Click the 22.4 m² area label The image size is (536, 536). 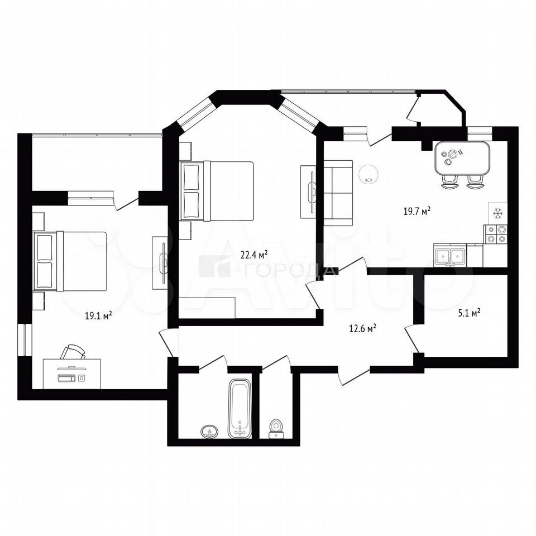coord(254,255)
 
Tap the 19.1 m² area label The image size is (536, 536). coord(98,316)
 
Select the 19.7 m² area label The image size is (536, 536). coord(417,211)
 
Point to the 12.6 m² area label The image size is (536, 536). coord(363,328)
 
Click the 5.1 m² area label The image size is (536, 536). coord(470,313)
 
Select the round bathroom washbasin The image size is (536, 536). coord(209,432)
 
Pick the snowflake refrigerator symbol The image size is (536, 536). coord(498,214)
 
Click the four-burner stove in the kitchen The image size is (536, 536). coord(495,234)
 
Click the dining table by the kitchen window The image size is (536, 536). coord(462,157)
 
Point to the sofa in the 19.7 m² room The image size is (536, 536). coord(338,193)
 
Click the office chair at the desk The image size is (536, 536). coord(73,352)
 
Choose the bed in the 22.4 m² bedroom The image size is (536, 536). coord(217,191)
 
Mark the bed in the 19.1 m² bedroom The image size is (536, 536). coord(70,261)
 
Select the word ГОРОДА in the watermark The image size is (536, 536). coord(290,270)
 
